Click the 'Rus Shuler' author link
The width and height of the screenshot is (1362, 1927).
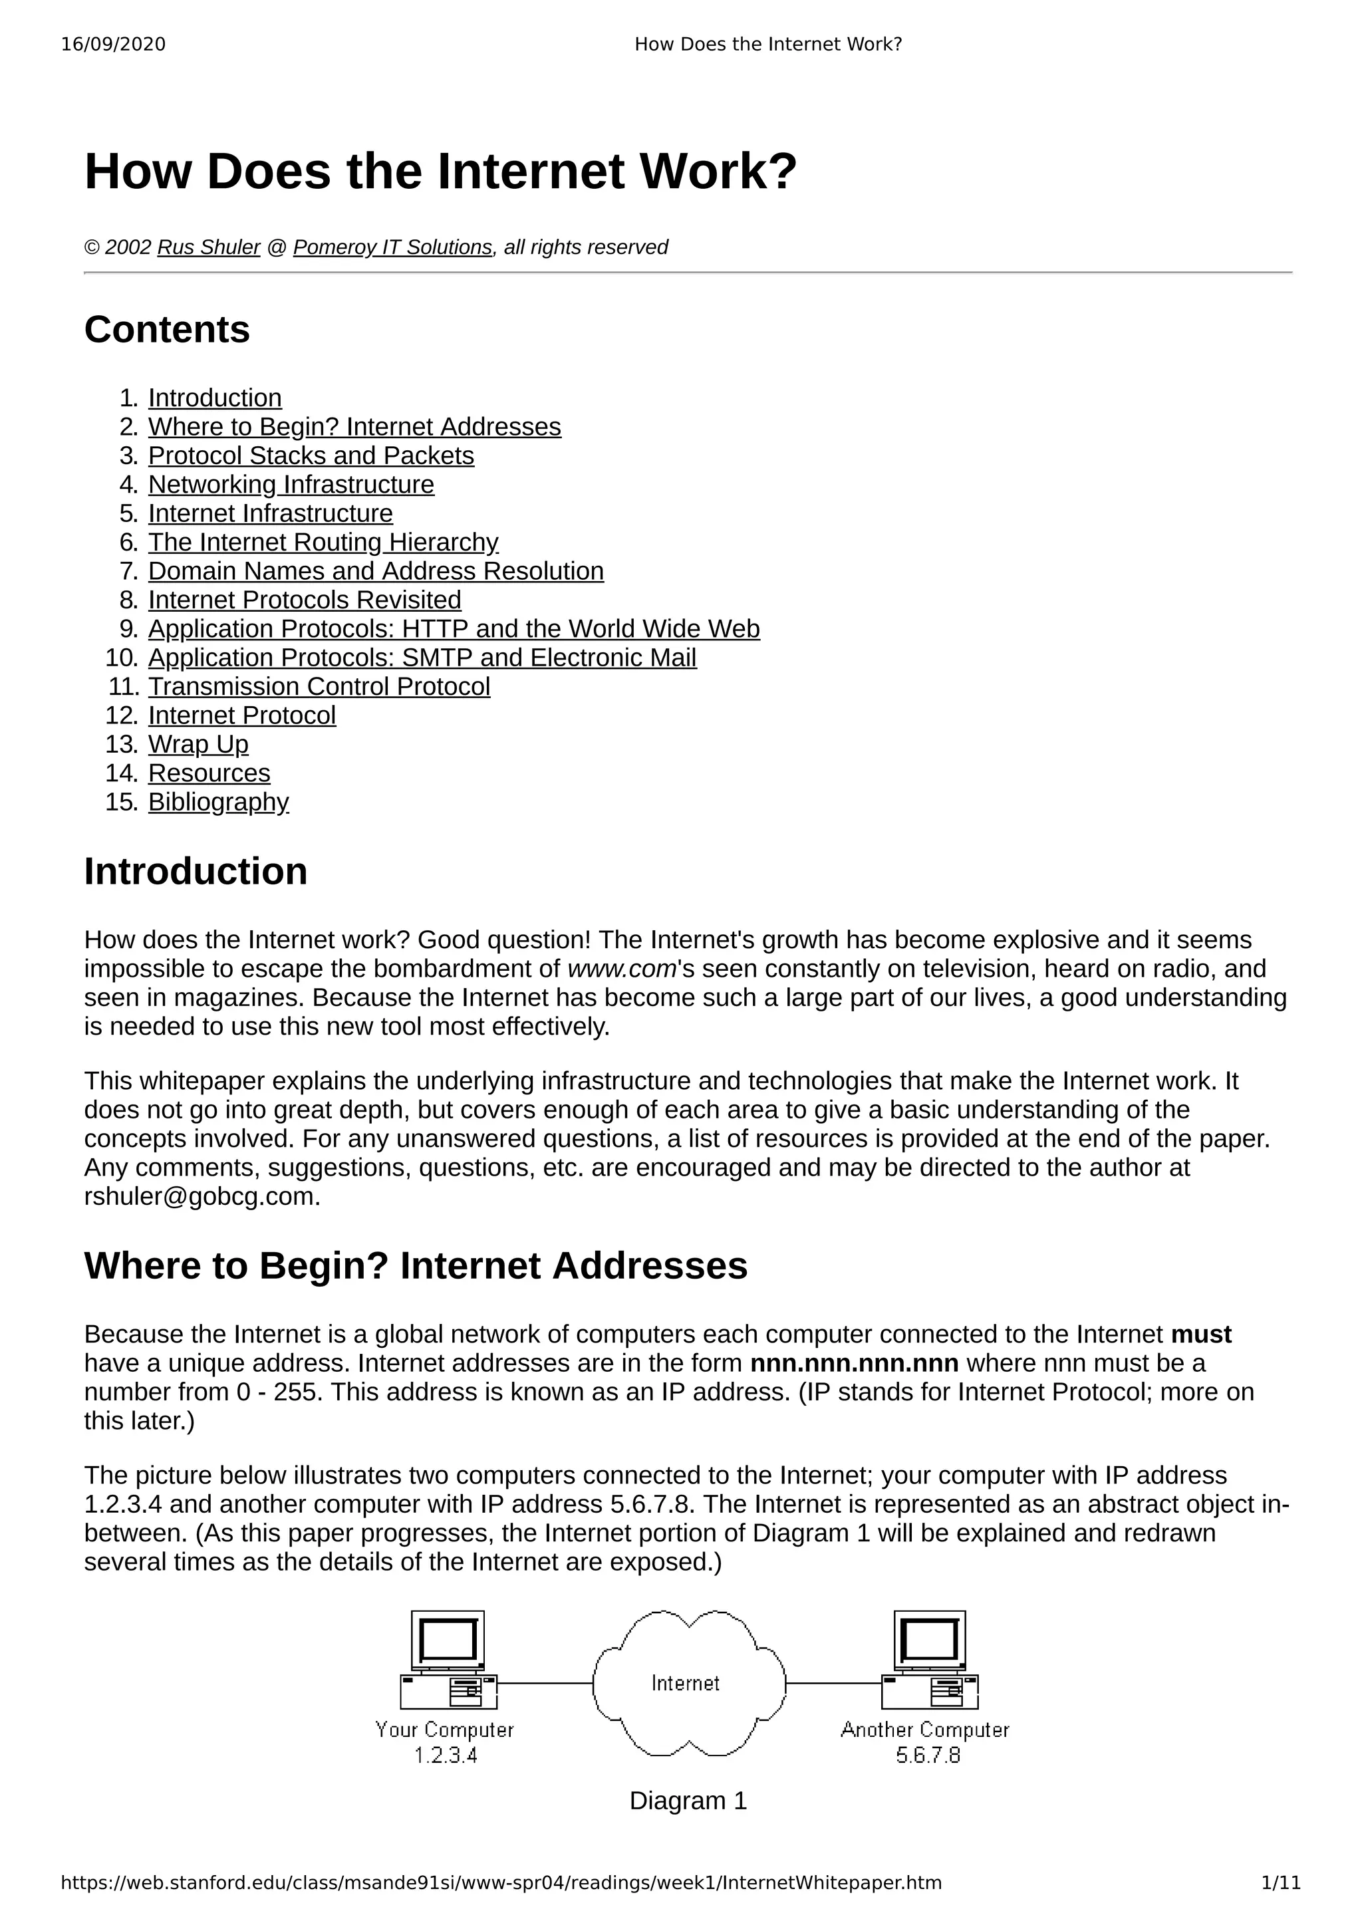208,247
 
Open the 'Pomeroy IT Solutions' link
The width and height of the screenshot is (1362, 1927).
392,247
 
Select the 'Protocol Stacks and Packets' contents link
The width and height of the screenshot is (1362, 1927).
311,455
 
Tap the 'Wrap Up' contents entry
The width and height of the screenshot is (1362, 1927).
198,745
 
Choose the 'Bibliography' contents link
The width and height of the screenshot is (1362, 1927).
218,803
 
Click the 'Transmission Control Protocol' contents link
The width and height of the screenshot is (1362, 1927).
319,686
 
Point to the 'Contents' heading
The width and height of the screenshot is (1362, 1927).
167,330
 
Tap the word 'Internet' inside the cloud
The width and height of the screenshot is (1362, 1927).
686,1684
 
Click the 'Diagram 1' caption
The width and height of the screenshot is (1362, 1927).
688,1801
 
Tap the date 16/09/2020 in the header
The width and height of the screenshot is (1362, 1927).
113,45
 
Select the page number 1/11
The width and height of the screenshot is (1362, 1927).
1281,1883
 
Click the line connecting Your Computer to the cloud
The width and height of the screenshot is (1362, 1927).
545,1684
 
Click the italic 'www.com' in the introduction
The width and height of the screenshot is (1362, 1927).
622,969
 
